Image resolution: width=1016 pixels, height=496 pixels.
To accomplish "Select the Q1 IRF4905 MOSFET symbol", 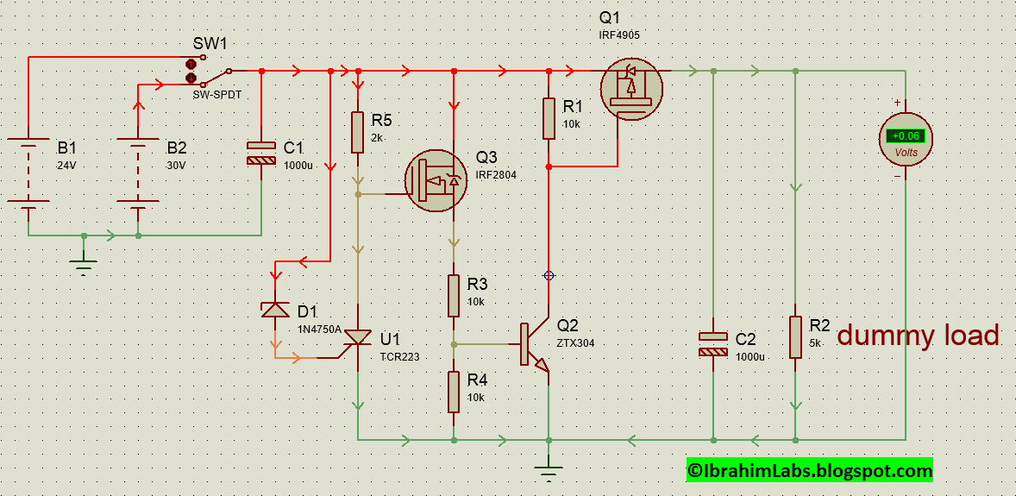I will point(631,89).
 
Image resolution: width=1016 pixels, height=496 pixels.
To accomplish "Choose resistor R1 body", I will point(549,118).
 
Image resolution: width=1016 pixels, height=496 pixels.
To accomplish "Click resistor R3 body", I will point(454,296).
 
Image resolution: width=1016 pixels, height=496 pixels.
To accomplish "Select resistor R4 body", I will point(454,392).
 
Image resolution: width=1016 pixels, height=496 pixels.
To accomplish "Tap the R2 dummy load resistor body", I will point(795,337).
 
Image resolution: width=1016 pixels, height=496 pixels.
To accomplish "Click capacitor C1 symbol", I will point(260,154).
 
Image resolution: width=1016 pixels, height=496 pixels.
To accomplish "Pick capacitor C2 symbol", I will point(712,344).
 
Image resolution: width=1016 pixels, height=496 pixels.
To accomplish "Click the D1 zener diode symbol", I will point(275,311).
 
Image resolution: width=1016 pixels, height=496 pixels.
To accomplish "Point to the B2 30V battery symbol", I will point(138,173).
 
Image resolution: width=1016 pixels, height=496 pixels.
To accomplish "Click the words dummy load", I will point(918,336).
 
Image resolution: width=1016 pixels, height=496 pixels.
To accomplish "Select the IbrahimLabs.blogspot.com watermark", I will point(809,470).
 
